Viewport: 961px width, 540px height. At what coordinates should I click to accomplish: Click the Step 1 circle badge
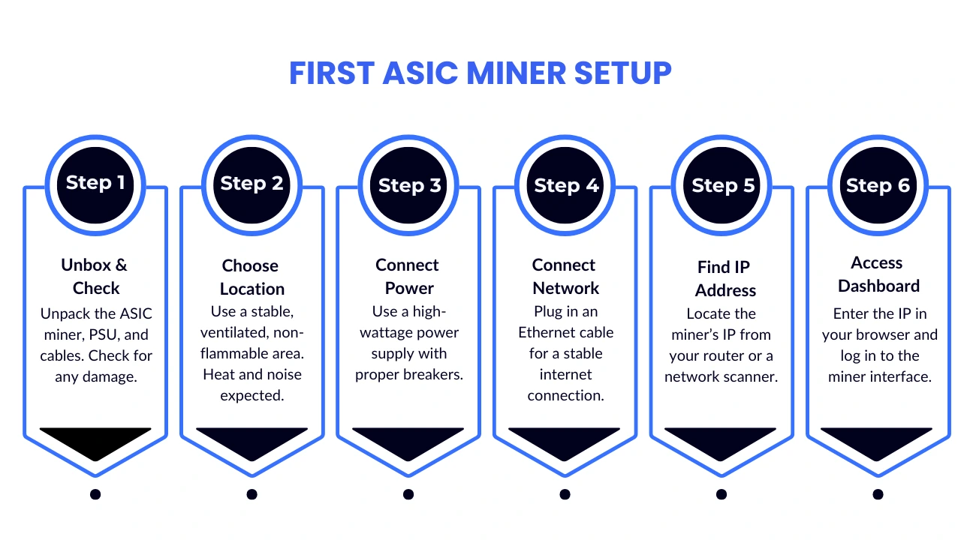pyautogui.click(x=95, y=184)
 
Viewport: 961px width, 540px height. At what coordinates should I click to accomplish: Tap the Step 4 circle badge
pyautogui.click(x=565, y=184)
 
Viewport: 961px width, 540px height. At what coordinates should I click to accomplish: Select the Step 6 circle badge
pyautogui.click(x=878, y=184)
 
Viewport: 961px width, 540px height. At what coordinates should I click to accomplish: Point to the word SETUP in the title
pyautogui.click(x=622, y=73)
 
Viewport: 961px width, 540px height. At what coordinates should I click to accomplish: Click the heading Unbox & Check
pyautogui.click(x=95, y=276)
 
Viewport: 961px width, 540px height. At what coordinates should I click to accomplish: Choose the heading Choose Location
pyautogui.click(x=252, y=277)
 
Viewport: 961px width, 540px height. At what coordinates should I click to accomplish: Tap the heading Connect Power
pyautogui.click(x=408, y=276)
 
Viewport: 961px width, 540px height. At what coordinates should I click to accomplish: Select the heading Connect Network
pyautogui.click(x=565, y=276)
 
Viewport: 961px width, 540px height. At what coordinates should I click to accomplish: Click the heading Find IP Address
pyautogui.click(x=725, y=278)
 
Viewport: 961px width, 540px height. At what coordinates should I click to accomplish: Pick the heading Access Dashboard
pyautogui.click(x=878, y=274)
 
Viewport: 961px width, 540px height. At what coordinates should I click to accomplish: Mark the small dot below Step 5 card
pyautogui.click(x=722, y=494)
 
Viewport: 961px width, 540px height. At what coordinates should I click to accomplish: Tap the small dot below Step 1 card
pyautogui.click(x=95, y=494)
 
